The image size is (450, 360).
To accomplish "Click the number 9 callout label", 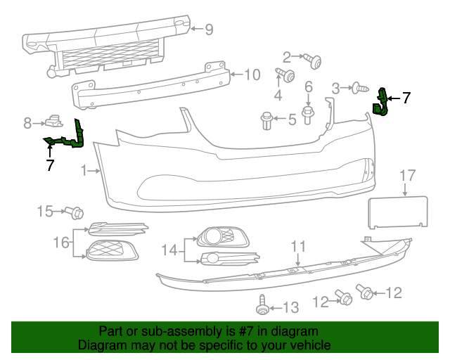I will point(209,30).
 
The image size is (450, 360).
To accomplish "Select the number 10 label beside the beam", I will point(251,74).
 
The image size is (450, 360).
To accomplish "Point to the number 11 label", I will point(299,246).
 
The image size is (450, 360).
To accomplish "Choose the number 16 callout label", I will point(61,243).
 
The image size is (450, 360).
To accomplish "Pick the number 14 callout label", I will point(169,250).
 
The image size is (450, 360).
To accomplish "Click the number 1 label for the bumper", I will point(84,170).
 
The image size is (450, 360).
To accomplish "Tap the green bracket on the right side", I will point(382,102).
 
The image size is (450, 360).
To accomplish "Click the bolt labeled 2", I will point(312,60).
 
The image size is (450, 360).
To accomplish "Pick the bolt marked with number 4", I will point(285,75).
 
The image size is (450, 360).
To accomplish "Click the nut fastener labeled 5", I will point(267,120).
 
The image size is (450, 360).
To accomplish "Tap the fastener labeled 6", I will point(308,112).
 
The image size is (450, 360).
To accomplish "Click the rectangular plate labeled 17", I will point(399,213).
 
